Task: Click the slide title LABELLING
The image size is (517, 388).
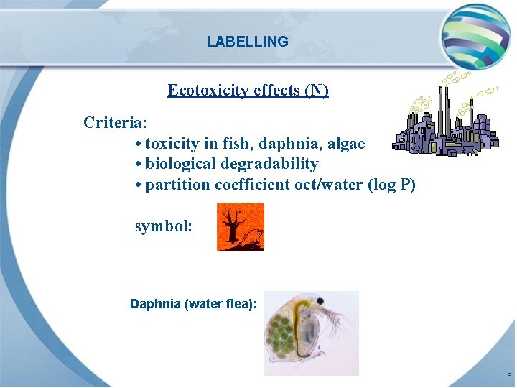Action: [247, 42]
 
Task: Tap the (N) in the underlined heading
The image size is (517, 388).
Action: [317, 90]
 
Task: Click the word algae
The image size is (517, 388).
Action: [346, 144]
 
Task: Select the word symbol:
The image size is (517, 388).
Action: [164, 226]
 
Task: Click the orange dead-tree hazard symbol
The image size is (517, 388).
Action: [241, 227]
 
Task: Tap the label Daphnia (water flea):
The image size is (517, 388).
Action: [193, 304]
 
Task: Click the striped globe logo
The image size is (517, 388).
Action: [475, 34]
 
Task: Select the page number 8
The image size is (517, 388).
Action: [508, 374]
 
